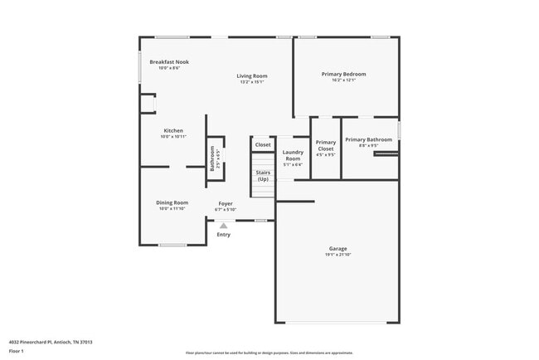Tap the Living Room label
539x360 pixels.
click(252, 76)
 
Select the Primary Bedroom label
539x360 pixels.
click(343, 74)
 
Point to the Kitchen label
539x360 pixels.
click(173, 130)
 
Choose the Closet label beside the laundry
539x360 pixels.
click(263, 144)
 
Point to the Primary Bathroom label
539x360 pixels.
click(368, 139)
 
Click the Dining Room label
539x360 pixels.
click(172, 202)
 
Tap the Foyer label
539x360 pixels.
click(226, 203)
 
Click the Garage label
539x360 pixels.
click(338, 248)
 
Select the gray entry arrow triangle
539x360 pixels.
click(223, 225)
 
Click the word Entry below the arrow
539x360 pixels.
click(224, 235)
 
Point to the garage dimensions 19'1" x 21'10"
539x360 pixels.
click(338, 254)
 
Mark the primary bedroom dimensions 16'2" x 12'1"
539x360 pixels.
click(343, 80)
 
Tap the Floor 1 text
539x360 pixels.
click(17, 351)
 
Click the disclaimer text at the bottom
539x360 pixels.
click(269, 352)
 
